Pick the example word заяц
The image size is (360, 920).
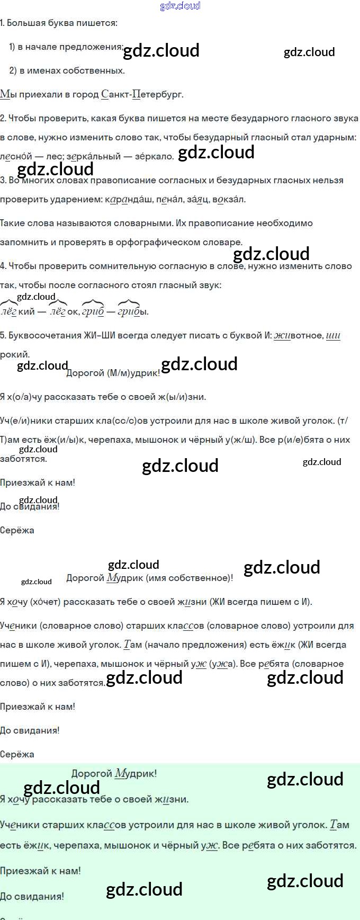(196, 200)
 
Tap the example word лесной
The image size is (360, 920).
(15, 156)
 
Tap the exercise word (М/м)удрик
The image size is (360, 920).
(133, 373)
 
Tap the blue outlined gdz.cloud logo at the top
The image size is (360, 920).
(180, 6)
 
